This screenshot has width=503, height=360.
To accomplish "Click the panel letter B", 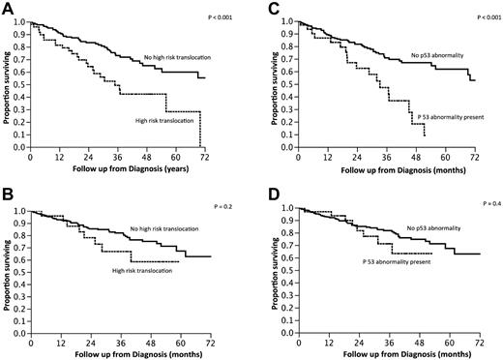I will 8,193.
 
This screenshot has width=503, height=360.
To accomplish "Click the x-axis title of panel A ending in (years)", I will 121,171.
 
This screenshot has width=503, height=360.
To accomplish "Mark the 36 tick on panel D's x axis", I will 388,341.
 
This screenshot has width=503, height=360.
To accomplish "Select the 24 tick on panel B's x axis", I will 90,341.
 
